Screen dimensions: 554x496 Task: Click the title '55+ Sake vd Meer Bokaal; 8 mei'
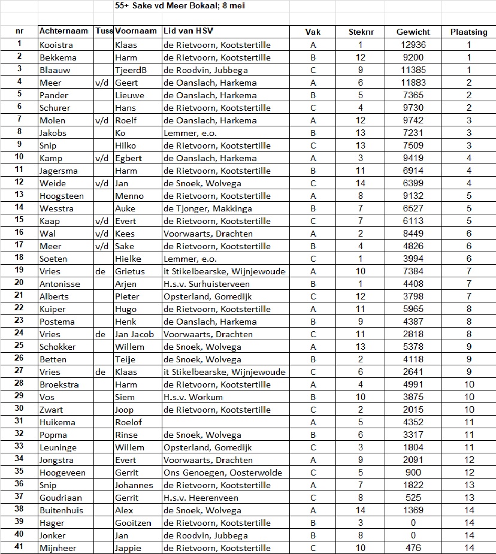click(x=179, y=6)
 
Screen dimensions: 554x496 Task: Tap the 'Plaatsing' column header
click(x=468, y=32)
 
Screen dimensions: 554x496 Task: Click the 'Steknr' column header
click(x=361, y=32)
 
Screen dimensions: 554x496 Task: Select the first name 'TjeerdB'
click(x=131, y=70)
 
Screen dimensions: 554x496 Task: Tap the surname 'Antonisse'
click(x=59, y=284)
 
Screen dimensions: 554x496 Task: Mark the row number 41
click(x=19, y=547)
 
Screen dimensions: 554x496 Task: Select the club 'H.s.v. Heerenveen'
click(x=201, y=498)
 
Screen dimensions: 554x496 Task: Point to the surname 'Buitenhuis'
click(x=61, y=510)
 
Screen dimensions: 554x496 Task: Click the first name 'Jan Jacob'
click(x=134, y=334)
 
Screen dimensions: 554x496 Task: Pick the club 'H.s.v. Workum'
click(x=193, y=397)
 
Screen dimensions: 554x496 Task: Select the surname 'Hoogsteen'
click(x=62, y=196)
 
